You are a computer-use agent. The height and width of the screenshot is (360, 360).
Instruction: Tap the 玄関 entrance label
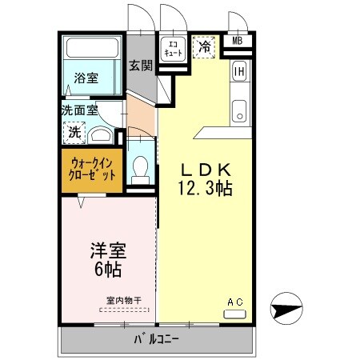click(x=142, y=66)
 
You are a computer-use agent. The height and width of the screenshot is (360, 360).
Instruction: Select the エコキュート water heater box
click(x=173, y=47)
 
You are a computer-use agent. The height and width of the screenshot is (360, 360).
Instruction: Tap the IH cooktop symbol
click(x=238, y=72)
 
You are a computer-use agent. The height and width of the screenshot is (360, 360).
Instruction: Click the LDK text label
click(x=204, y=170)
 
